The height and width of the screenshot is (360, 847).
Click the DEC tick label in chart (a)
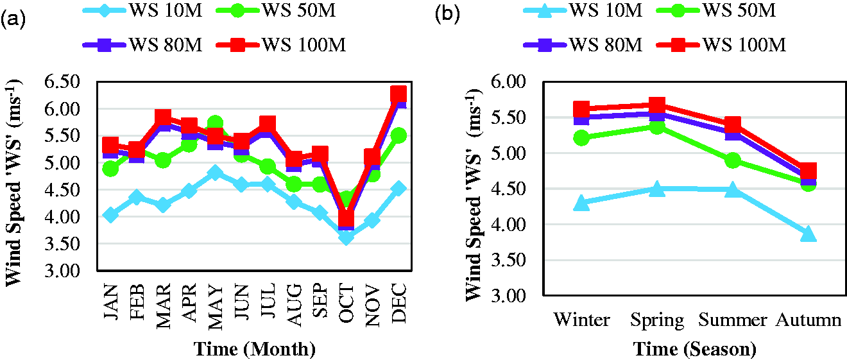399,304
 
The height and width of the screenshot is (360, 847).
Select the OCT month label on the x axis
346,304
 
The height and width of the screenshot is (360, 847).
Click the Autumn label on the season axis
809,320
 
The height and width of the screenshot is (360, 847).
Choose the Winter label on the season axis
582,320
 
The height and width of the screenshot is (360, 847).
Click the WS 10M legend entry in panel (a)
143,10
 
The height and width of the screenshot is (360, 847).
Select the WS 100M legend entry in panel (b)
721,45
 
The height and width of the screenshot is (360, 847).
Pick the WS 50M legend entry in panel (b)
716,10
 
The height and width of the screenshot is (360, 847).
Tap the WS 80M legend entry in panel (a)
143,45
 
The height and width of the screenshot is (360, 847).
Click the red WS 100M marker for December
398,94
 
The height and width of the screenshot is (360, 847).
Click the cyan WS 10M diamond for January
110,214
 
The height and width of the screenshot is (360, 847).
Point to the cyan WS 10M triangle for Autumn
808,234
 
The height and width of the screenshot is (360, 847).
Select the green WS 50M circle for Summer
733,160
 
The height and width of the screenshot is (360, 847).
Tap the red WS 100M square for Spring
657,105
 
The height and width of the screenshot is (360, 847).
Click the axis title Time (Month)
255,348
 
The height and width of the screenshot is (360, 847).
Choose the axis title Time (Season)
695,348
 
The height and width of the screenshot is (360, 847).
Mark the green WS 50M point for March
163,160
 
